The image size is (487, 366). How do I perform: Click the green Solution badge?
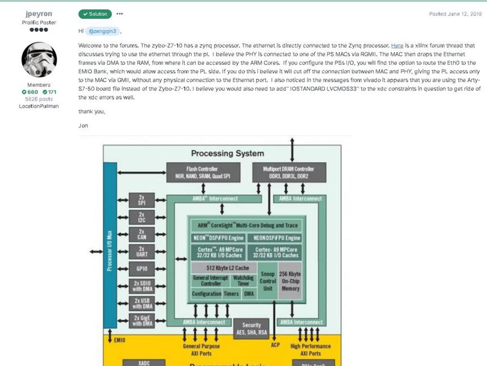point(95,14)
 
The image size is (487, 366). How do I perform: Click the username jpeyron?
point(39,14)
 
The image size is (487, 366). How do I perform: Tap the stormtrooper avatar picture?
point(39,59)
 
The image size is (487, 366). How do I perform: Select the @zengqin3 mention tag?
point(102,31)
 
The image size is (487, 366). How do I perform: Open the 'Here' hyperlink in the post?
point(397,46)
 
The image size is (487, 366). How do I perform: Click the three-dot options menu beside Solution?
point(119,14)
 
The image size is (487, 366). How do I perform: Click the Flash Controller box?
point(203,172)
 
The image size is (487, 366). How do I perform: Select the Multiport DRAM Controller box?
point(289,172)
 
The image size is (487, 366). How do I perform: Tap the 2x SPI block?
point(142,200)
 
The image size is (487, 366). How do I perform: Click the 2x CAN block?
point(142,234)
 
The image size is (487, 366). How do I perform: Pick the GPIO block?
point(142,269)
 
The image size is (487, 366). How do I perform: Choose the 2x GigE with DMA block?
point(142,321)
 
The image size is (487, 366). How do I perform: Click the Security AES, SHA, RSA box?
point(251,329)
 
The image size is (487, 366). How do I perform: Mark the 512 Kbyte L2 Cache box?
point(224,268)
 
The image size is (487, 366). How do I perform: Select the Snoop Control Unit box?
point(267,281)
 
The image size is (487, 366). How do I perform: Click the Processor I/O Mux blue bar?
point(110,245)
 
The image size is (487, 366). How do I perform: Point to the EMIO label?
point(119,340)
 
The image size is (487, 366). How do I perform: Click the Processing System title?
point(228,153)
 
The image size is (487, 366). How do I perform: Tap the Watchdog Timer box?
point(243,280)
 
